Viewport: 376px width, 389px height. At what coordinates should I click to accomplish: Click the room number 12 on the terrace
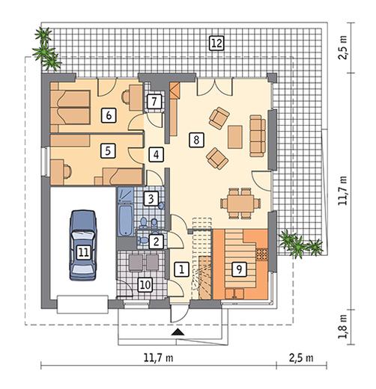[x=216, y=43]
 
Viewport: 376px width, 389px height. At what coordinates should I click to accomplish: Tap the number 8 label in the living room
[x=196, y=140]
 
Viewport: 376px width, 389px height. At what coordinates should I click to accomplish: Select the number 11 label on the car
[x=83, y=252]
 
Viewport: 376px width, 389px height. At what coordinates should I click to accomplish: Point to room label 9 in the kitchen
[x=239, y=269]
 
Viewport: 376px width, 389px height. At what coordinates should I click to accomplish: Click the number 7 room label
[x=154, y=101]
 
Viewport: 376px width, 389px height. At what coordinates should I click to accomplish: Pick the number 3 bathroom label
[x=151, y=199]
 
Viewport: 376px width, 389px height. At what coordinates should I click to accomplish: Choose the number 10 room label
[x=145, y=285]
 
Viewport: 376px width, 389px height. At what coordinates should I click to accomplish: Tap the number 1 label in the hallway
[x=181, y=269]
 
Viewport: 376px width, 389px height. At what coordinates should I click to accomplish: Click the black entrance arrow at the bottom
[x=178, y=332]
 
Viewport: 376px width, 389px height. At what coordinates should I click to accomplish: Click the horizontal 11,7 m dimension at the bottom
[x=159, y=358]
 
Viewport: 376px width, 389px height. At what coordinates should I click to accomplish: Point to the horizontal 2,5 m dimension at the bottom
[x=301, y=358]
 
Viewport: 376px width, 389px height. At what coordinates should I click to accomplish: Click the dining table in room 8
[x=240, y=203]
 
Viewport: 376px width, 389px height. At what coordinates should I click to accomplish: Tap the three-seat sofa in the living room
[x=258, y=135]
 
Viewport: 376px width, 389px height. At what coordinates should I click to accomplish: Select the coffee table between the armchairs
[x=235, y=137]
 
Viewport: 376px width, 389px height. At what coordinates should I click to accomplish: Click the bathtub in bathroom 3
[x=125, y=220]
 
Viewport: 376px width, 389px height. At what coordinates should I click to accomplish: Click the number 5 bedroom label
[x=108, y=150]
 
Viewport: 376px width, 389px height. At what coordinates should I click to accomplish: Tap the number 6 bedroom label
[x=109, y=115]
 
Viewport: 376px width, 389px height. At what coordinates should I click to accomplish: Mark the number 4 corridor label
[x=157, y=155]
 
